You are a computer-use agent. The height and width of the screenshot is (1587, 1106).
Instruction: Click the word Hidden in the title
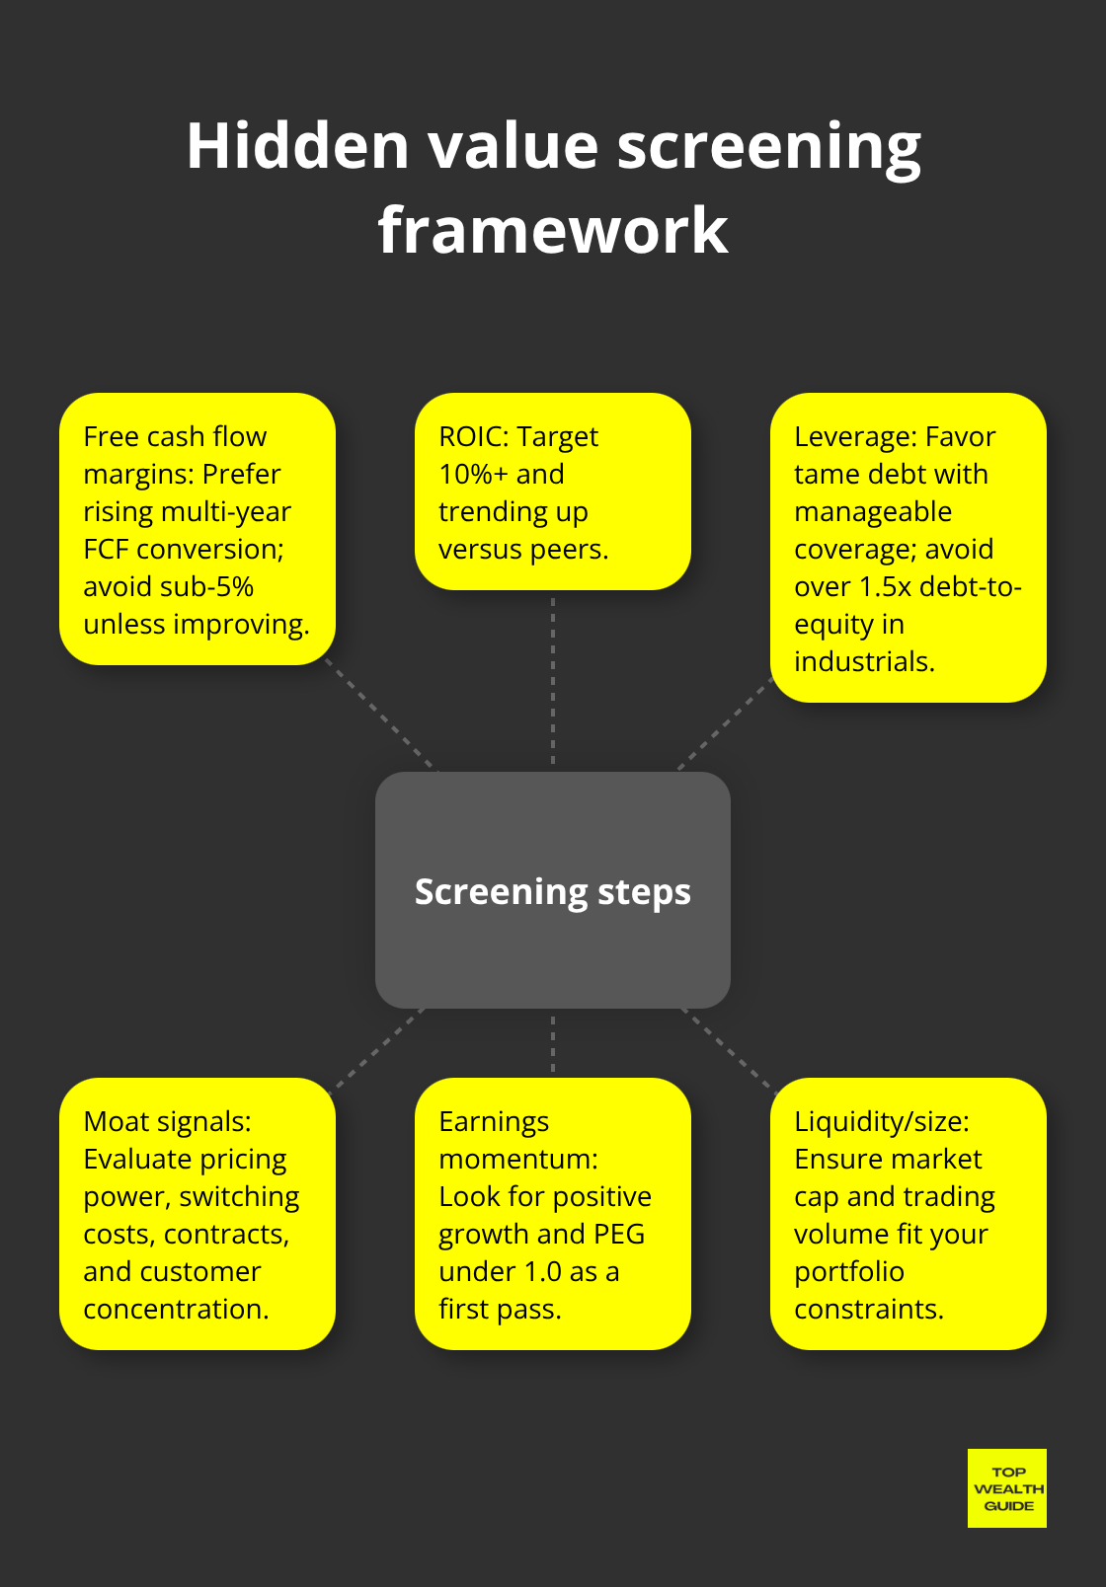[x=297, y=145]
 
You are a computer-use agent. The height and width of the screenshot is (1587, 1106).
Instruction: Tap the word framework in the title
[x=553, y=230]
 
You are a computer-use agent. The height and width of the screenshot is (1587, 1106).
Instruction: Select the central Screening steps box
[x=553, y=890]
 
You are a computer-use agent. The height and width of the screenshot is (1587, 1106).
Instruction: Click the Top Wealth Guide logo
[x=1007, y=1488]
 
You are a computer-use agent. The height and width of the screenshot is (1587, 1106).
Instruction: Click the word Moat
[x=117, y=1121]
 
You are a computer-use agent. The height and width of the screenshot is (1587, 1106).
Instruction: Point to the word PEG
[x=619, y=1234]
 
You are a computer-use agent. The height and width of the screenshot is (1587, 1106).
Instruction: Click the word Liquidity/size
[x=882, y=1121]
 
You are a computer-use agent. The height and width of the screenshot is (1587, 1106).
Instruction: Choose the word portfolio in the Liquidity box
[x=849, y=1271]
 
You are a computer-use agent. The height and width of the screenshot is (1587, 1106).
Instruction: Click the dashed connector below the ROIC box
[x=553, y=681]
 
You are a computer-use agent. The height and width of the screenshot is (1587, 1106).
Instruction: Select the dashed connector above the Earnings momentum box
[x=553, y=1043]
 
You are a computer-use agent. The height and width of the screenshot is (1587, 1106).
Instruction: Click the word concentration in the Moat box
[x=176, y=1309]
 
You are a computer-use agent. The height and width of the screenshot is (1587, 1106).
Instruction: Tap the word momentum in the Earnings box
[x=517, y=1159]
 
